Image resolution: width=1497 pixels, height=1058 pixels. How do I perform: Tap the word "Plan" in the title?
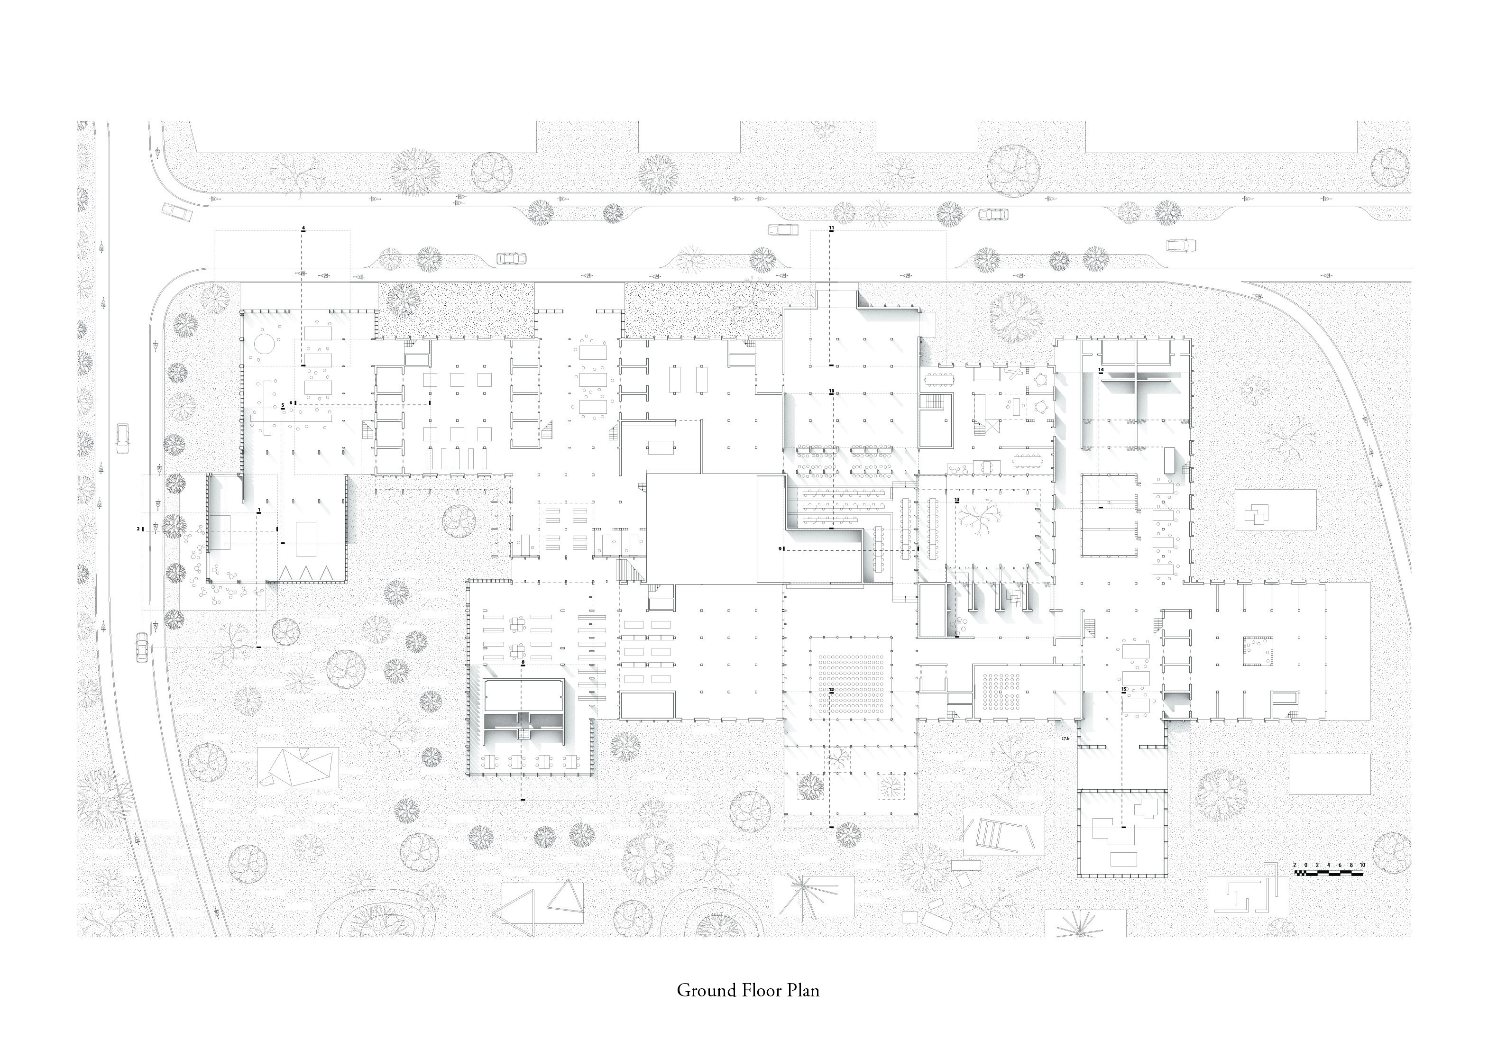[803, 991]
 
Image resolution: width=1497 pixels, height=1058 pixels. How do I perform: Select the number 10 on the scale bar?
[1362, 865]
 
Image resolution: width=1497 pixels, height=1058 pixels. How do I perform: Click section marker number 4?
[303, 228]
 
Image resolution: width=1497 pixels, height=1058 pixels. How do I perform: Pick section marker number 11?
[831, 228]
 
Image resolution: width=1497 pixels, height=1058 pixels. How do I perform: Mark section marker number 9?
[780, 549]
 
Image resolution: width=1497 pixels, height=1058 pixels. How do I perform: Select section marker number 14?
[1101, 370]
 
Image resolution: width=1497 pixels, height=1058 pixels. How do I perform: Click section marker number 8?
[523, 662]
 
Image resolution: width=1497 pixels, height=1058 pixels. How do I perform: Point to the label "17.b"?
[1065, 739]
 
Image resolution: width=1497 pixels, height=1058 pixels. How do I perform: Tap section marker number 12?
[831, 689]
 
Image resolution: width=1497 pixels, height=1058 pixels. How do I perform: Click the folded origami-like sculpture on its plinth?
[298, 767]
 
